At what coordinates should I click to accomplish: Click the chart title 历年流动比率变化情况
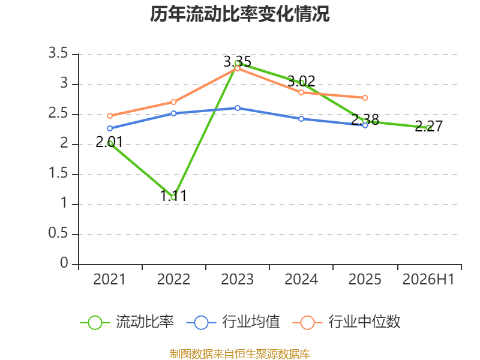click(239, 14)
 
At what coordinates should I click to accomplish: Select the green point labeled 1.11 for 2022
click(173, 197)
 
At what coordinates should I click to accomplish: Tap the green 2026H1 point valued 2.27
click(429, 128)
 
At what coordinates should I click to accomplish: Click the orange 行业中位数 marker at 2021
click(110, 116)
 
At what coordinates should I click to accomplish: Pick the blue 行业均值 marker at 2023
click(237, 108)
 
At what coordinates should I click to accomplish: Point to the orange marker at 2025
click(365, 98)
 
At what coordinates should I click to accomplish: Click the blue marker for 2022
click(173, 113)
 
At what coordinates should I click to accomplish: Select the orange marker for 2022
click(173, 102)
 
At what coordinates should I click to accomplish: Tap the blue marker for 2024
click(301, 119)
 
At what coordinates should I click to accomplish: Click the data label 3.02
click(301, 81)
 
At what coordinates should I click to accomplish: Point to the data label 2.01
click(109, 142)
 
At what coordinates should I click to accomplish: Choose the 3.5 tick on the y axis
click(58, 53)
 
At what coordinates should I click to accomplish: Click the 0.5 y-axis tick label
click(58, 233)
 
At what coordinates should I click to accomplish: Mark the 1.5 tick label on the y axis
click(58, 173)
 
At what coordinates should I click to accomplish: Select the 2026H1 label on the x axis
click(428, 279)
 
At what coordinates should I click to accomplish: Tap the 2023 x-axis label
click(237, 279)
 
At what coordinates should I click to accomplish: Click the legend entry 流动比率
click(127, 322)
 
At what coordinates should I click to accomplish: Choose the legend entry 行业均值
click(233, 322)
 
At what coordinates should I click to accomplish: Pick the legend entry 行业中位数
click(347, 322)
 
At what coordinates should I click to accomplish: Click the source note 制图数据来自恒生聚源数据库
click(239, 354)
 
